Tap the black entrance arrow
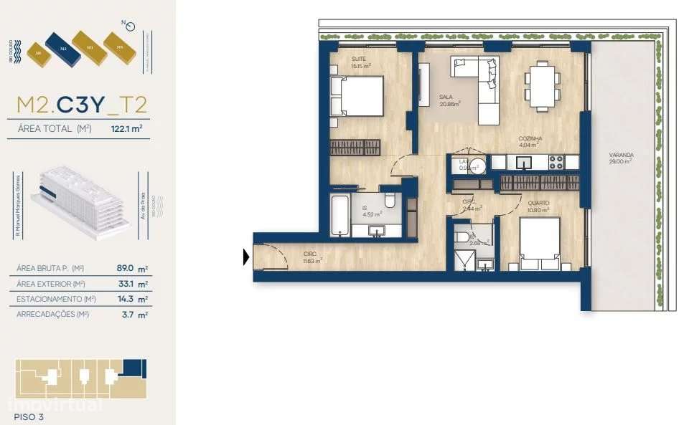[x=247, y=256]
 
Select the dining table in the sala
[x=543, y=85]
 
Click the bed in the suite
[x=357, y=95]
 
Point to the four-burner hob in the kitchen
[x=558, y=162]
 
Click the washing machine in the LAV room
[x=478, y=166]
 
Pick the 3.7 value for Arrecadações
[x=128, y=314]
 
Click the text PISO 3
[x=29, y=416]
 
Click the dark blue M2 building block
[x=62, y=48]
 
